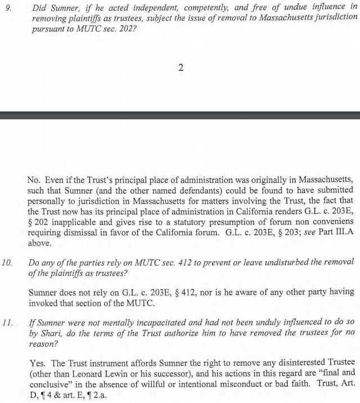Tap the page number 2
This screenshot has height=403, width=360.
181,68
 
